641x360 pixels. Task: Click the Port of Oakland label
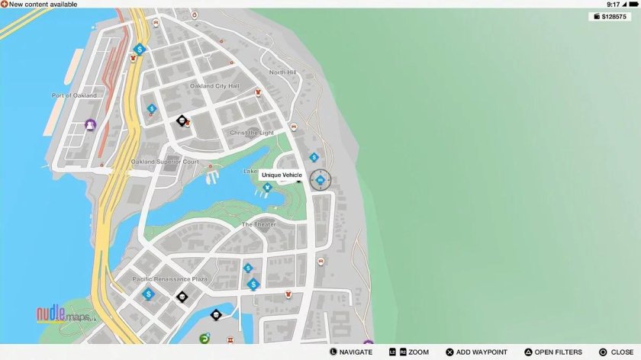click(74, 95)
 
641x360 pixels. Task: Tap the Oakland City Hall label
click(214, 86)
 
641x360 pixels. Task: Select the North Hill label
click(282, 72)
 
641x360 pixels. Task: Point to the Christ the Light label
click(252, 133)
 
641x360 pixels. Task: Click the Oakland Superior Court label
click(165, 162)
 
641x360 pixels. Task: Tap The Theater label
click(259, 224)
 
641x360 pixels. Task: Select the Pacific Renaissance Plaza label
click(169, 279)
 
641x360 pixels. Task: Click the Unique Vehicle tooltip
click(282, 175)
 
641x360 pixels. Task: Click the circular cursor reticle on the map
click(320, 180)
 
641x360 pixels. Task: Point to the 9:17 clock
click(613, 5)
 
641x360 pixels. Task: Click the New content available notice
click(39, 5)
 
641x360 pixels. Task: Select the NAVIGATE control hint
click(351, 352)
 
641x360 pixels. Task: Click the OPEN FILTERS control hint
click(552, 352)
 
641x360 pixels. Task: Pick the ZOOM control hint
click(411, 352)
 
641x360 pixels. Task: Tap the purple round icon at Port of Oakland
click(91, 124)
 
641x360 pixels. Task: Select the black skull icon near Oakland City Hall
click(182, 121)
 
